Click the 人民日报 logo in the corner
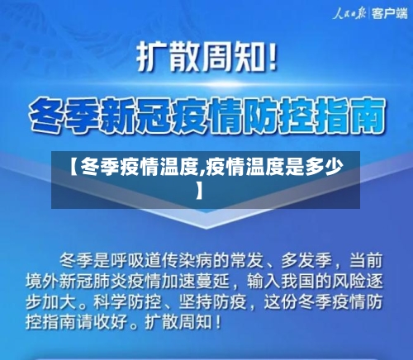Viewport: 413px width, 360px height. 349,13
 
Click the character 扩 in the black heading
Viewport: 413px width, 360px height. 153,59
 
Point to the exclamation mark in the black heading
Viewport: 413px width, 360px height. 273,59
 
